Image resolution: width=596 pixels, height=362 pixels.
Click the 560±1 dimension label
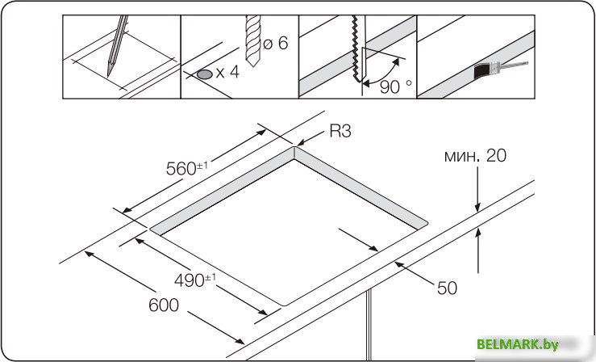[187, 168]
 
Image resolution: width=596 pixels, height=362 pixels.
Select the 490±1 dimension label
[195, 280]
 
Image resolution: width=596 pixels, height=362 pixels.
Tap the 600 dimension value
[164, 305]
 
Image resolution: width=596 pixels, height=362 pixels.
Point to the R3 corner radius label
[340, 131]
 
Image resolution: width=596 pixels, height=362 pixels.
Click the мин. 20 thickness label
[475, 156]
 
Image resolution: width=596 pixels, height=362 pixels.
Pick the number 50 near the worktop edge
[447, 288]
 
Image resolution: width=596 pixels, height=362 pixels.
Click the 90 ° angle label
[396, 86]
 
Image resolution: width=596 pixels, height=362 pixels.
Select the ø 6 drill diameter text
[276, 43]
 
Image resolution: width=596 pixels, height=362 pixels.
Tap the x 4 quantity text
[227, 72]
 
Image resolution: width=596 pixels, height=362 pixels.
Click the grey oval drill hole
[205, 74]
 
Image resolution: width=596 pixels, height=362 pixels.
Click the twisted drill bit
[253, 40]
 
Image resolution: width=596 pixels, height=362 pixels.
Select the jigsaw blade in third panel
[358, 48]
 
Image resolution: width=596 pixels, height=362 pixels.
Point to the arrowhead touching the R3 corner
[300, 143]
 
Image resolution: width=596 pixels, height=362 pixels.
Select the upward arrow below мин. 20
[477, 250]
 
